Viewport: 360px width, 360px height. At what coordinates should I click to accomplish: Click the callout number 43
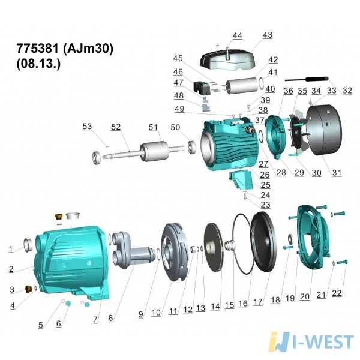pos(268,35)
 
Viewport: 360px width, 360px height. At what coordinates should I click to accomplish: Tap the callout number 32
pos(347,91)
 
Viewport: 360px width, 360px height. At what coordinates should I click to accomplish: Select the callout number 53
pos(87,127)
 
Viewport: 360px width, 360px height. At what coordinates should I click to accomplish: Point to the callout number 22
pos(337,293)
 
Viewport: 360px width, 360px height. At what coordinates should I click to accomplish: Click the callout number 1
pos(11,249)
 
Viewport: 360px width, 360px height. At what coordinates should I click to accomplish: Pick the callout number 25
pos(265,185)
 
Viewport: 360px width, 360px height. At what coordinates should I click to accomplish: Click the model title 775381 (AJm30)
pos(65,49)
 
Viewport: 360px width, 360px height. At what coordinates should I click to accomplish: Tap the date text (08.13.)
pos(38,64)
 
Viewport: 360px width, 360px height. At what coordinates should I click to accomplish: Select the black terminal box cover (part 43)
pos(227,60)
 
